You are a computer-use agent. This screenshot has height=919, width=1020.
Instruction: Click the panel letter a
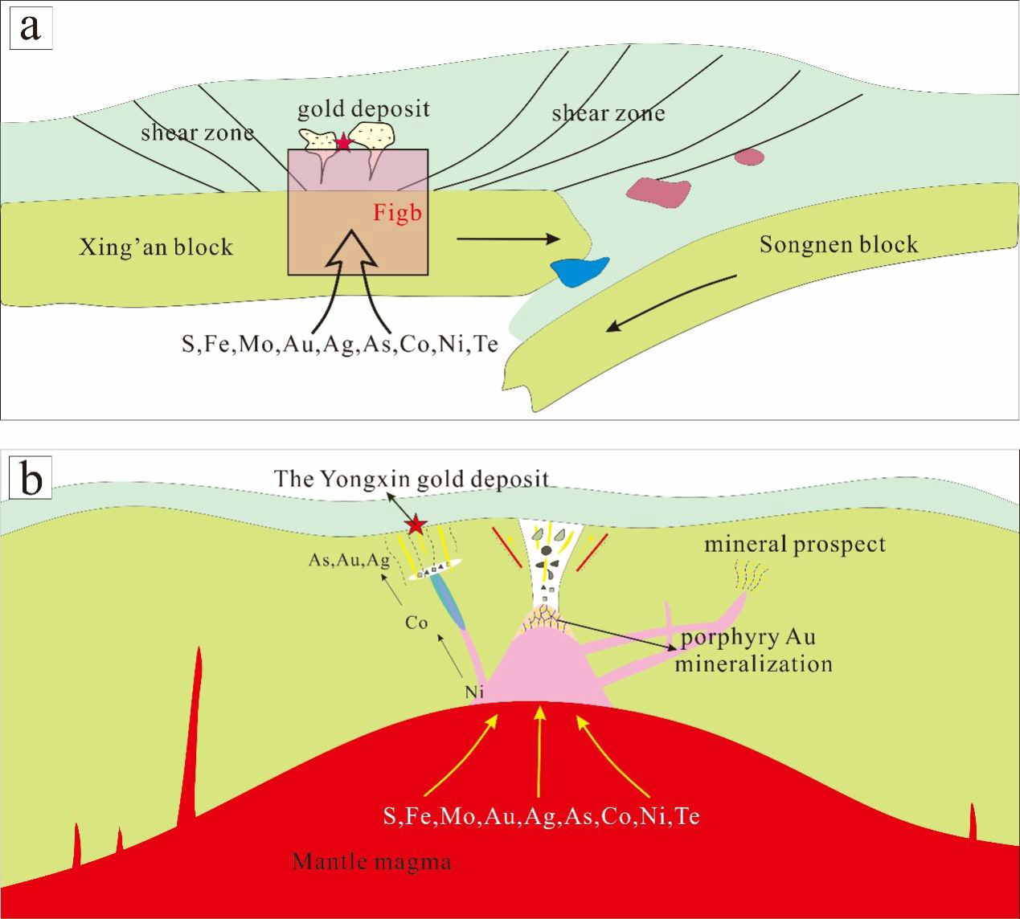click(31, 28)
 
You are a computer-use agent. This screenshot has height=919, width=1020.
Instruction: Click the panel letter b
click(31, 480)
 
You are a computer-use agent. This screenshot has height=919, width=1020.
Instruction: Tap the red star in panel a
click(344, 143)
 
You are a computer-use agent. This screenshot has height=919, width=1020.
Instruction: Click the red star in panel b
click(416, 526)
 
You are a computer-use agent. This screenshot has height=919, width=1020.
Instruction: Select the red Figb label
click(397, 213)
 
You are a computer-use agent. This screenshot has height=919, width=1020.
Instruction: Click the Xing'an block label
click(156, 247)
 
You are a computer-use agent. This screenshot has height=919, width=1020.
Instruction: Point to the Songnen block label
click(838, 244)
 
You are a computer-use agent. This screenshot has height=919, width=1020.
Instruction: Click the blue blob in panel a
click(579, 272)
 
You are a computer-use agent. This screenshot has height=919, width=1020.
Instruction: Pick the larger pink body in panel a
click(658, 192)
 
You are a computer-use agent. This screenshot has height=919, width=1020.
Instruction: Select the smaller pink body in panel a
click(749, 157)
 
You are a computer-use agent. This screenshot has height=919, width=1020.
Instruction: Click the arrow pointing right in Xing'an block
click(507, 239)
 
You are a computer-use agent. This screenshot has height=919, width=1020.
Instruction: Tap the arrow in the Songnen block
click(671, 303)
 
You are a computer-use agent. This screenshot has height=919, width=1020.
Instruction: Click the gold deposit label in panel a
click(363, 109)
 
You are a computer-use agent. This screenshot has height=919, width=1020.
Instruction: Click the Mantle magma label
click(371, 862)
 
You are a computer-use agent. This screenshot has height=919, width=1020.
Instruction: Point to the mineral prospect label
click(794, 545)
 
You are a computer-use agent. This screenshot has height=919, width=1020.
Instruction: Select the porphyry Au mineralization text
click(752, 651)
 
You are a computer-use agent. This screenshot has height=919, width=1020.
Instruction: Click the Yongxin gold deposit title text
click(411, 480)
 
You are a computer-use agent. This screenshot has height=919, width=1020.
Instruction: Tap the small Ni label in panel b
click(474, 692)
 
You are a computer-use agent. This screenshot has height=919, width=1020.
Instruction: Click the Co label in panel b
click(416, 623)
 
